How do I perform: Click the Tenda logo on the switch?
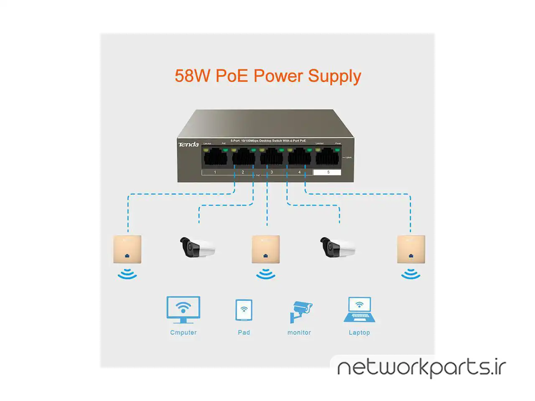pos(189,145)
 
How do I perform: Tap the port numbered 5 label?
pos(328,172)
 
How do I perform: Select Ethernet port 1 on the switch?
pos(215,158)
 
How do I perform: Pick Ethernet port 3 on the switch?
pos(272,158)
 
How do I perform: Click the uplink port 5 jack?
pos(328,158)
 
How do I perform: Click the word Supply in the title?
pos(334,76)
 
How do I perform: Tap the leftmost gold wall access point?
pos(127,249)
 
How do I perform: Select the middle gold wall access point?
pos(265,249)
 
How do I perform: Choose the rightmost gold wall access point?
pos(411,249)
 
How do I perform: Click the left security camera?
pos(197,247)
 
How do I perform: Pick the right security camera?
pos(337,247)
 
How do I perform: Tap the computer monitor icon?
pos(183,310)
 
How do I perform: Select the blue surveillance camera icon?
pos(300,311)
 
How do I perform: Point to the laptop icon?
pos(359,310)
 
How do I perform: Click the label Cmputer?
pos(183,332)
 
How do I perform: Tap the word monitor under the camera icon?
pos(299,332)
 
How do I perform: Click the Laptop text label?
pos(359,332)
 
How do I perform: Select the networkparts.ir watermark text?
pos(421,368)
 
